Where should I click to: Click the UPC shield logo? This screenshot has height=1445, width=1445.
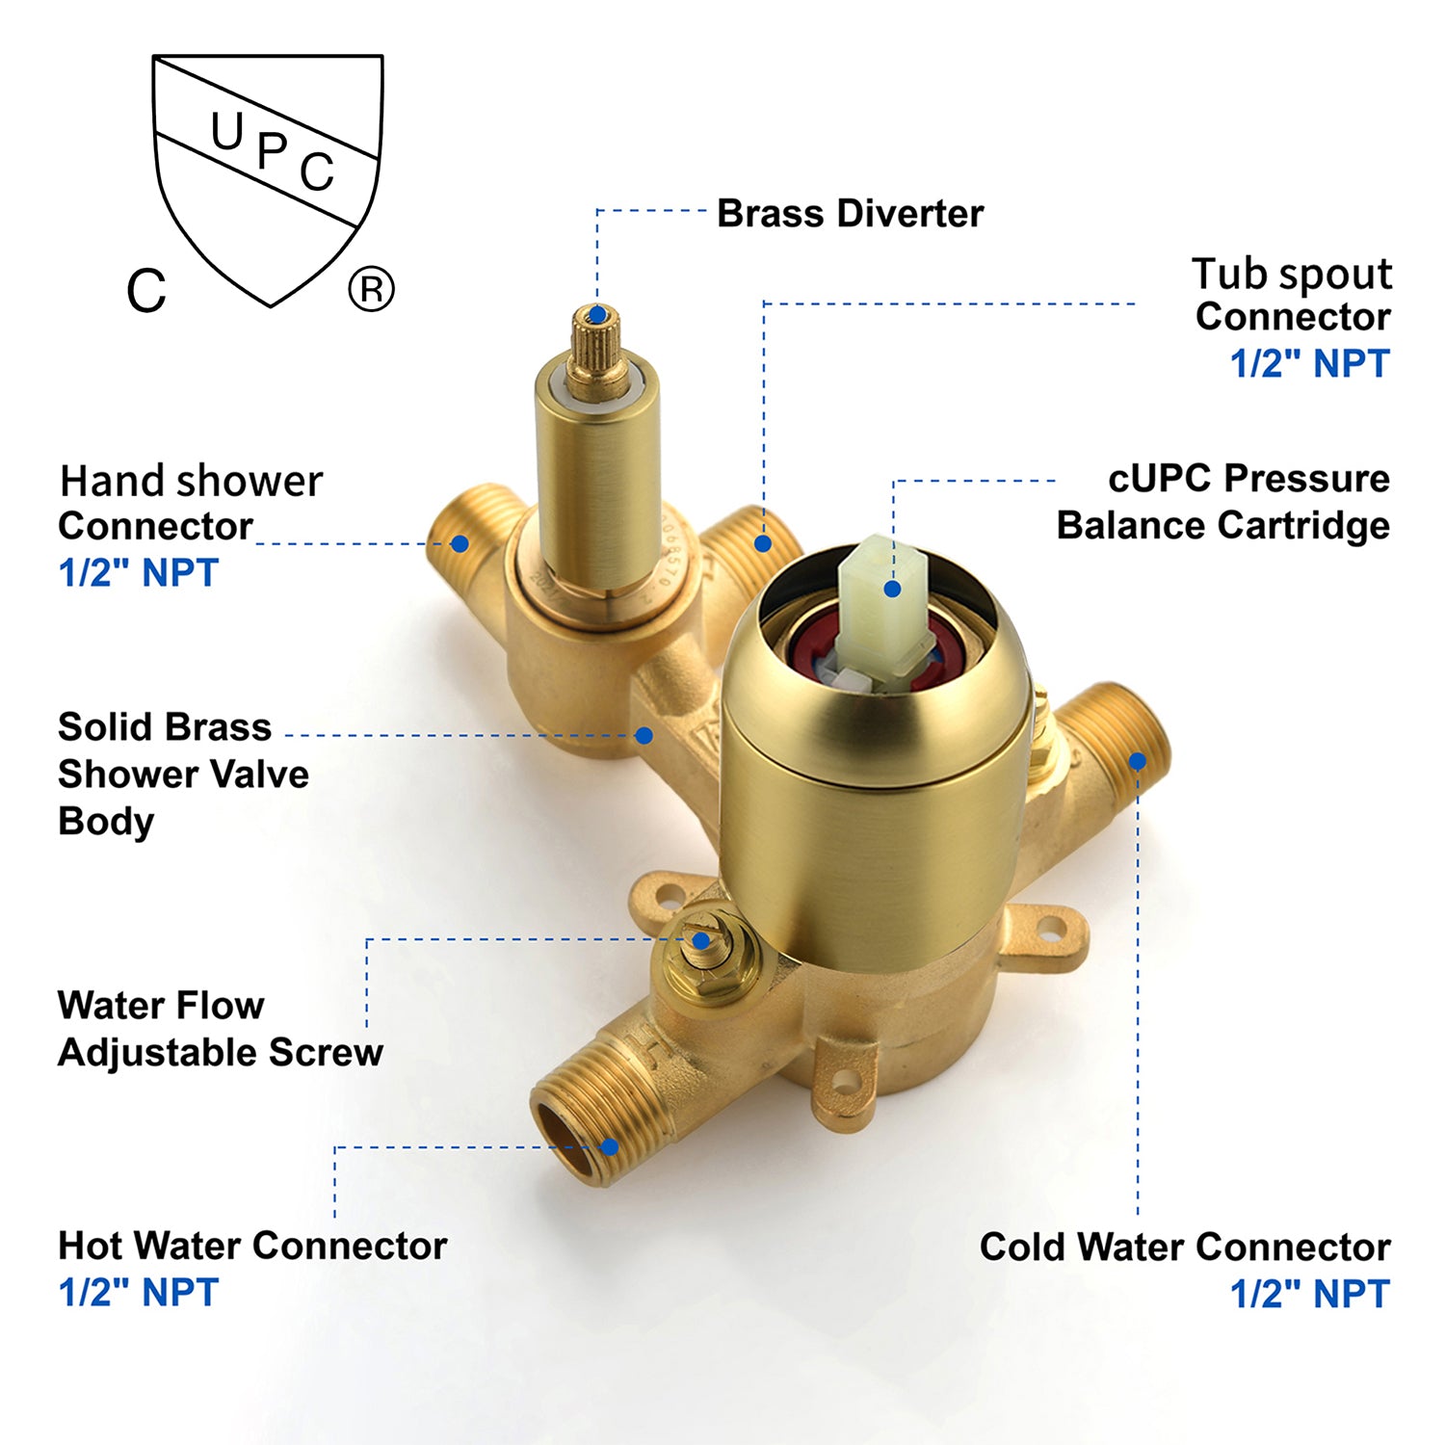[268, 180]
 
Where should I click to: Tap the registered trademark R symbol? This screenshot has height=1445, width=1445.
[371, 289]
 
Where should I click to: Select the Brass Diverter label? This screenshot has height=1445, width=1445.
[851, 213]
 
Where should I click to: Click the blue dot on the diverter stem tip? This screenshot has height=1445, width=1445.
[597, 314]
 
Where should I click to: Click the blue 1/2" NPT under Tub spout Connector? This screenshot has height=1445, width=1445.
[1310, 363]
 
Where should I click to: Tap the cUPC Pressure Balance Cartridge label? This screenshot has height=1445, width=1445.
[1223, 502]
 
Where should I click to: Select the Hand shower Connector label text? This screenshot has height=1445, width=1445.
[191, 503]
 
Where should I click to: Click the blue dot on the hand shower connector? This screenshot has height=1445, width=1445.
[460, 543]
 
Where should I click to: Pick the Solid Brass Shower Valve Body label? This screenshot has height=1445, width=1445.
[183, 774]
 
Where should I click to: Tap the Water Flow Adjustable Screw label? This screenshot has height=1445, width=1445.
[220, 1029]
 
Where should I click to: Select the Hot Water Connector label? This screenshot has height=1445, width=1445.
[252, 1246]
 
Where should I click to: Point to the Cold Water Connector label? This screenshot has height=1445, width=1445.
[1185, 1247]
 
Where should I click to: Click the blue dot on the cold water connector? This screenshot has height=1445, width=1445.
[1138, 761]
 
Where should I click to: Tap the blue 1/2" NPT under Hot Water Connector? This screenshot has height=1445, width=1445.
[139, 1292]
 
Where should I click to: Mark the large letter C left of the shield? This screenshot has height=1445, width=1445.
[146, 289]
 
